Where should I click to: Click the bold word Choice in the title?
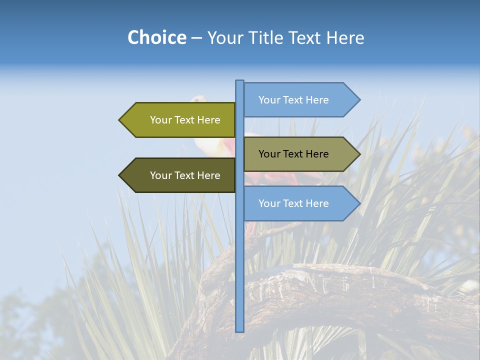coord(156,38)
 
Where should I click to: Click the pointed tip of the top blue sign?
coord(358,100)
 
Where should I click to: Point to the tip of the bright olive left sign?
coord(120,120)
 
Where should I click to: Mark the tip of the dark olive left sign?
coord(120,175)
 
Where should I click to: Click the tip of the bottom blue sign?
coord(358,203)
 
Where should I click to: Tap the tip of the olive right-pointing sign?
coord(358,154)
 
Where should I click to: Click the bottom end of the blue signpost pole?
coord(240,330)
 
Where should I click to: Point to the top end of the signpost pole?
coord(240,82)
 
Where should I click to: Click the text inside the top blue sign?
coord(293,100)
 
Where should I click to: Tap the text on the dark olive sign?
coord(185,175)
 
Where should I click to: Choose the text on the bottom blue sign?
coord(293,203)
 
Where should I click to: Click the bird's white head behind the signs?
coord(200,99)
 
